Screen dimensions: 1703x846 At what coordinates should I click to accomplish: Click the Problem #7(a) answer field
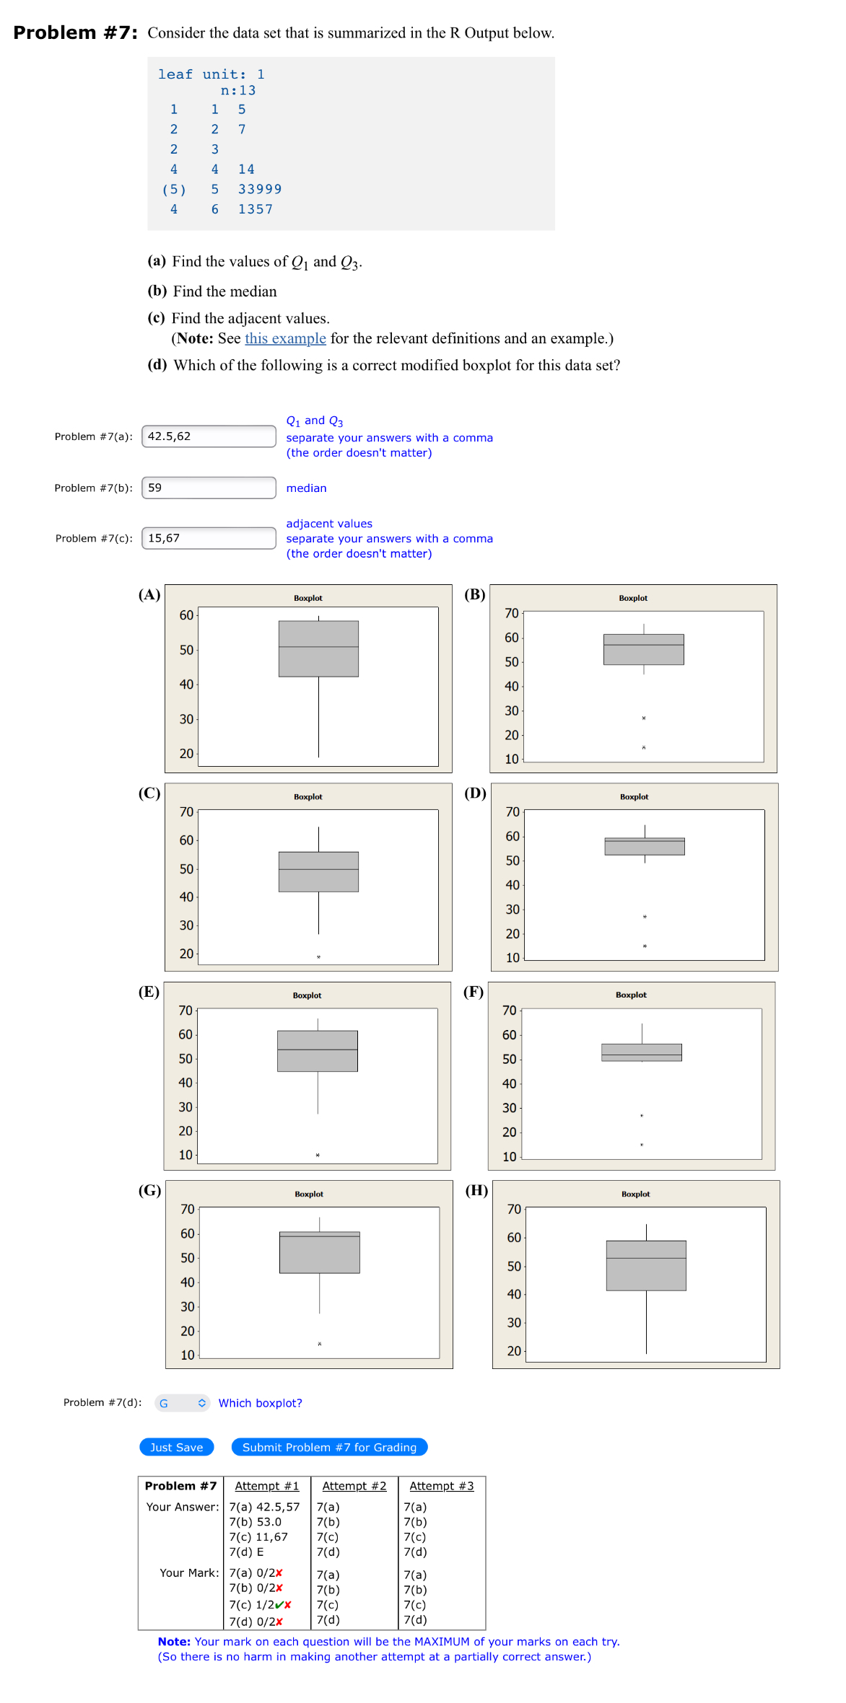click(x=209, y=436)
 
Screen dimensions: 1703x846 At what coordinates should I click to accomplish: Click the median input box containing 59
click(x=209, y=488)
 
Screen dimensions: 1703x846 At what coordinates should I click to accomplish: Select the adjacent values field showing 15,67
click(x=209, y=538)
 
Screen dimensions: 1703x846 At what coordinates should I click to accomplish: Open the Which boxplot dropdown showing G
click(x=183, y=1403)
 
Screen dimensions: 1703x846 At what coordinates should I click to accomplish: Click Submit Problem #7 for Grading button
click(x=329, y=1447)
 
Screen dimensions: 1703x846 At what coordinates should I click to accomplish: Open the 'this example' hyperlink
click(x=285, y=338)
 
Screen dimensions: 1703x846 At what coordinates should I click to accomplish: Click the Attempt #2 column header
click(x=354, y=1486)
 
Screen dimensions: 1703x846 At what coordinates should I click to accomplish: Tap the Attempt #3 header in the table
click(x=441, y=1486)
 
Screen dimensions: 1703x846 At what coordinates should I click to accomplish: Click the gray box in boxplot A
click(x=318, y=648)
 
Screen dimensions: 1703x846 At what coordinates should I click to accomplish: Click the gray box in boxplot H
click(x=646, y=1265)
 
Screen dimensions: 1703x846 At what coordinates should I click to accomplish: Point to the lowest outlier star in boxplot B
click(x=644, y=748)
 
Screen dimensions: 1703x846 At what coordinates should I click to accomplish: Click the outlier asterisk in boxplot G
click(x=320, y=1344)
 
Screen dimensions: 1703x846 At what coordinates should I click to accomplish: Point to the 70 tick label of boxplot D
click(x=513, y=811)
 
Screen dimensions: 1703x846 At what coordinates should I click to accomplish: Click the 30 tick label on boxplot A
click(x=186, y=719)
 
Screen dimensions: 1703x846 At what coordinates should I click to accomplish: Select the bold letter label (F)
click(x=474, y=992)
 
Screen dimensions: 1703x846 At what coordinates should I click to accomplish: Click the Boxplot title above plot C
click(x=308, y=796)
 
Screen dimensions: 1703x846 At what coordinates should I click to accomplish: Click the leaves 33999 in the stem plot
click(x=260, y=189)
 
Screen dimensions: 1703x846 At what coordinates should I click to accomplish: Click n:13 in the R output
click(x=238, y=90)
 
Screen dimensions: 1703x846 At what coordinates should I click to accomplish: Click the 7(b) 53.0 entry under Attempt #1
click(x=255, y=1522)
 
